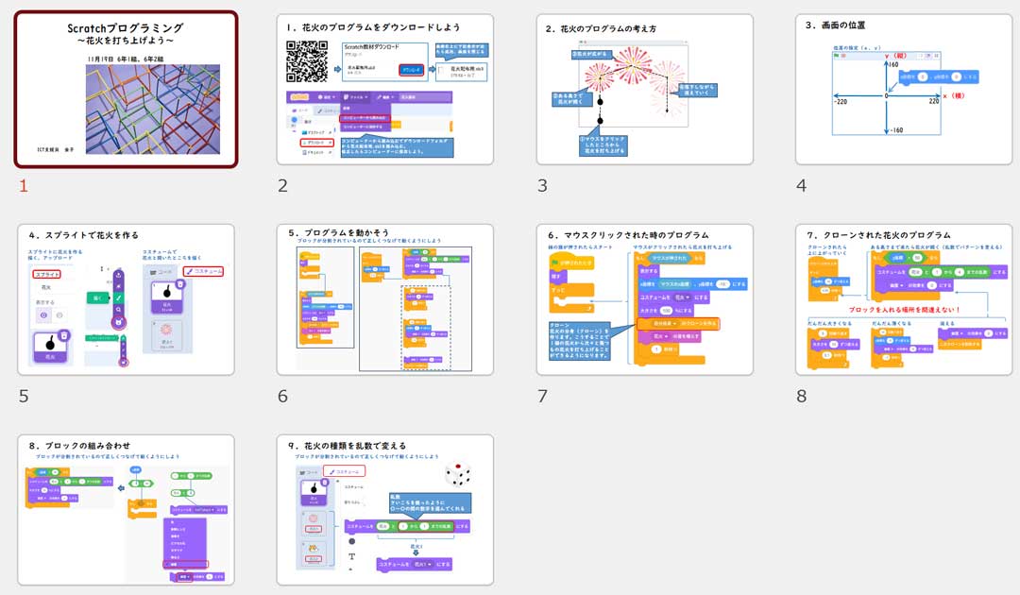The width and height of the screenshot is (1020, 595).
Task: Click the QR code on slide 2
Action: [x=307, y=61]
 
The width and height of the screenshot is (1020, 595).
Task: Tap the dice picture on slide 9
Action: [x=458, y=474]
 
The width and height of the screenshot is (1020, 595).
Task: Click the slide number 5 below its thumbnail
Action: [x=24, y=396]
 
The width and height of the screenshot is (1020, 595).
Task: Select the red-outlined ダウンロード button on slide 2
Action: [x=411, y=70]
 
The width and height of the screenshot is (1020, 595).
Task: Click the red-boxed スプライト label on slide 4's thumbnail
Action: [x=47, y=273]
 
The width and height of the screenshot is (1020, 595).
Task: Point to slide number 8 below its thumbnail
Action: [x=801, y=396]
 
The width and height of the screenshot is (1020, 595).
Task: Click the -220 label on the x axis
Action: [x=840, y=101]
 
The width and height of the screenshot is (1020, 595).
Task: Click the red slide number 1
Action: [x=24, y=185]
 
